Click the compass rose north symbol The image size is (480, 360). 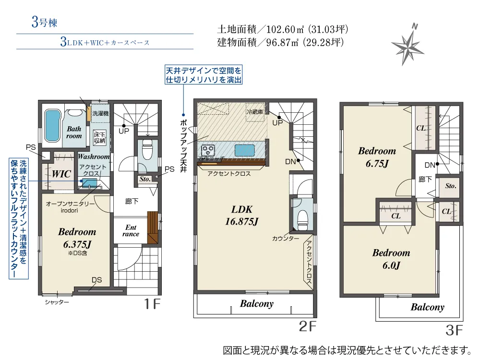[407, 44]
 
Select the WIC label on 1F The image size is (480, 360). [62, 174]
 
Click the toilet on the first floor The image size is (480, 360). [147, 150]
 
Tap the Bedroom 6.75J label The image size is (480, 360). [377, 156]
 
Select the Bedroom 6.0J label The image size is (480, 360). [391, 258]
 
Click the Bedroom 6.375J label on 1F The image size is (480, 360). [77, 238]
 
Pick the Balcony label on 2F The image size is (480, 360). [257, 303]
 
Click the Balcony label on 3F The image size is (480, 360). [427, 307]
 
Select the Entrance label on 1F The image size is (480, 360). [131, 231]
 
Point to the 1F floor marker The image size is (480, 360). [151, 303]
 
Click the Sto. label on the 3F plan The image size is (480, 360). [450, 186]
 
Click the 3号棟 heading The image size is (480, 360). [45, 22]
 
